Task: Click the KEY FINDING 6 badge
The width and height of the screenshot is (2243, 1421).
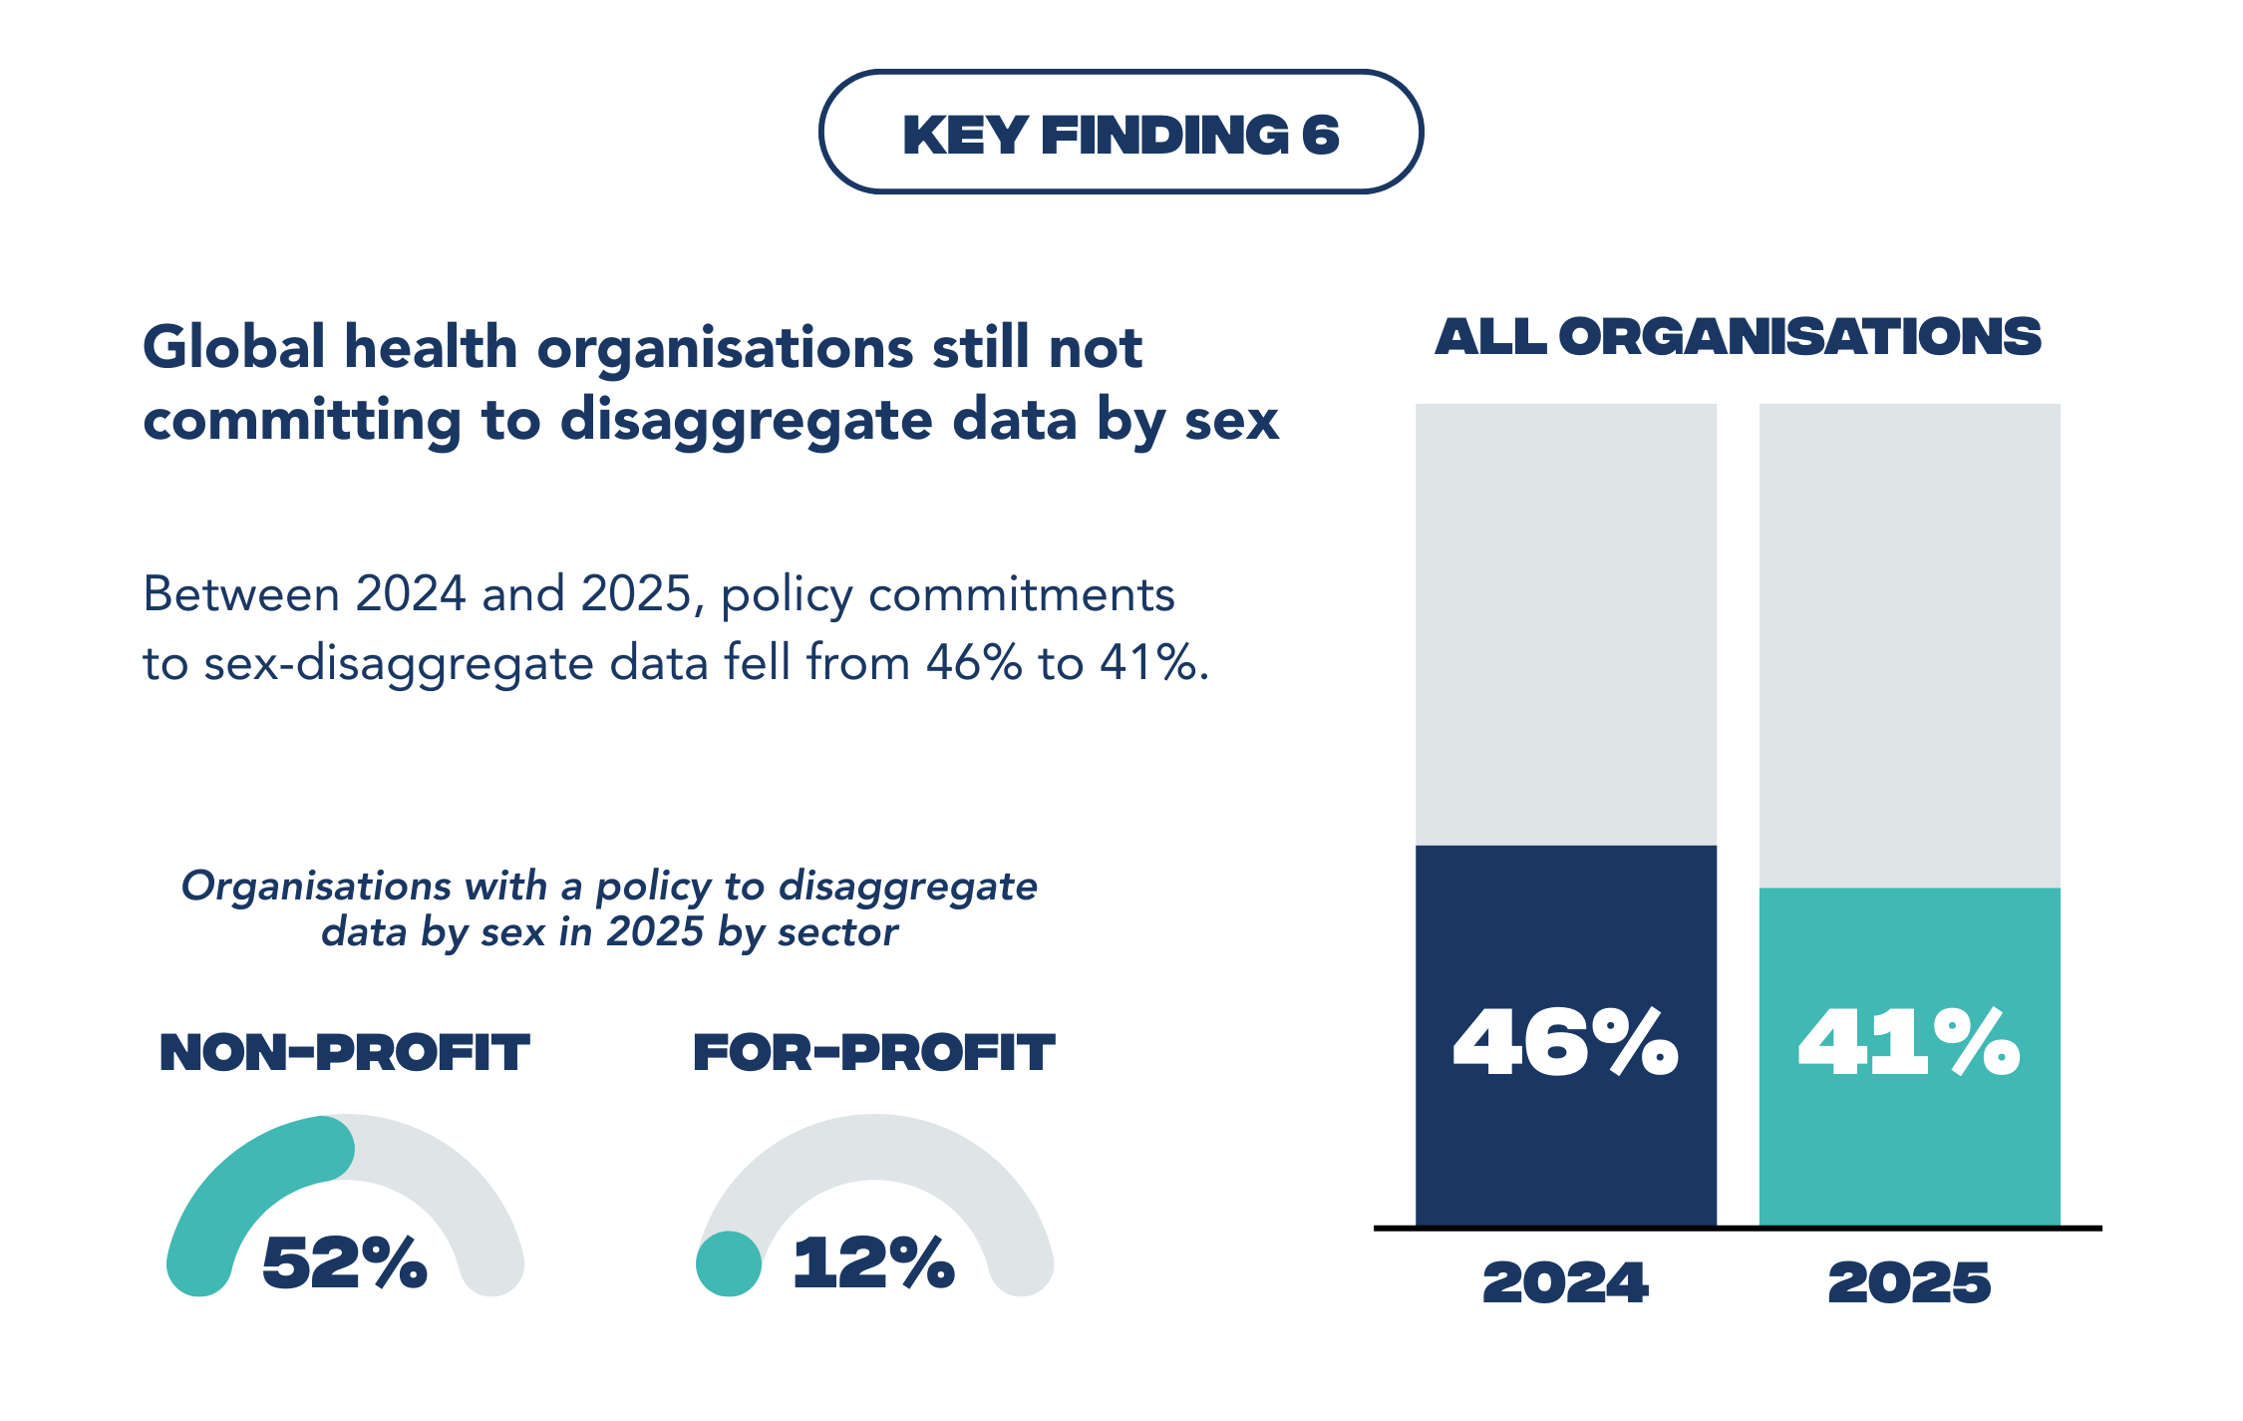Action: (1121, 133)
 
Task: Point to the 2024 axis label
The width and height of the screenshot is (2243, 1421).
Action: (1565, 1282)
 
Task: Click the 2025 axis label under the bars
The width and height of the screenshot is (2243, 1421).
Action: (1909, 1282)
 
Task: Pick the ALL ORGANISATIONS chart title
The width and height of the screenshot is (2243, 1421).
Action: (1738, 337)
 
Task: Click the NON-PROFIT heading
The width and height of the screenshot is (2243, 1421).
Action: (345, 1053)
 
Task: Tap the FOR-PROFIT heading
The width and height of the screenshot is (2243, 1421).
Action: (874, 1053)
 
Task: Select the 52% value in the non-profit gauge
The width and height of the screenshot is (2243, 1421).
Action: (345, 1262)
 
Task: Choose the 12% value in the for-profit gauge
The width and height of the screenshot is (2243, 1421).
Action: (874, 1262)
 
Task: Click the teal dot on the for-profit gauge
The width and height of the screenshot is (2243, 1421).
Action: (729, 1263)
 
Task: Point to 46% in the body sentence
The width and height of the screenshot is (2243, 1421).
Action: (974, 663)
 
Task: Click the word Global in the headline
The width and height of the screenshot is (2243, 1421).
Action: (234, 348)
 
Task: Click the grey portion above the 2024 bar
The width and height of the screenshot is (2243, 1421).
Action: (1565, 623)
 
